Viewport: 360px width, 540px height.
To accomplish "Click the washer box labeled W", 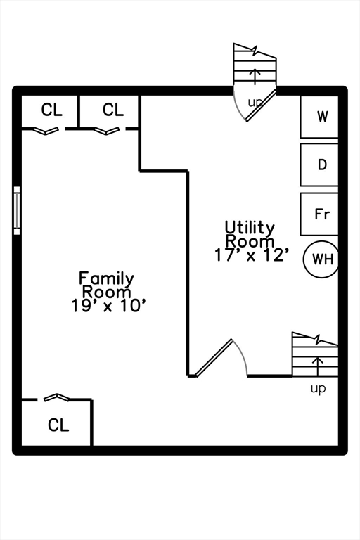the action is (319, 117).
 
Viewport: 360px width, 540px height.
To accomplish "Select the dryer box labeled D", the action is (319, 165).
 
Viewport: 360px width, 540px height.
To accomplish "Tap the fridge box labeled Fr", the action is (319, 214).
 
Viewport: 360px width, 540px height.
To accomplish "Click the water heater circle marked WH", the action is (321, 259).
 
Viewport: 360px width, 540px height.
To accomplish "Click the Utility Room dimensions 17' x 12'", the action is (251, 255).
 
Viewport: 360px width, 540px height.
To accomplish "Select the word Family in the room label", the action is (106, 278).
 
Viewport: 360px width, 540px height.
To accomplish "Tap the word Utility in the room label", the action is (250, 228).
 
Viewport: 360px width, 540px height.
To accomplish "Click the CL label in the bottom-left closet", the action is (58, 425).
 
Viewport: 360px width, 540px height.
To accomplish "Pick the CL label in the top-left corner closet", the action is (51, 110).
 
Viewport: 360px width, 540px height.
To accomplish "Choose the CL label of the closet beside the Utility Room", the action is (113, 110).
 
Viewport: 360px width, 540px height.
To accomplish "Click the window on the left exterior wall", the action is (17, 210).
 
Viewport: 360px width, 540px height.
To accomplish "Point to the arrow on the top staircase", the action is (255, 77).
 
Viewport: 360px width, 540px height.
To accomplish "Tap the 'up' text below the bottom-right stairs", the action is (318, 389).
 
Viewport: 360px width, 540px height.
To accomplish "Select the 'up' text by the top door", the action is (255, 102).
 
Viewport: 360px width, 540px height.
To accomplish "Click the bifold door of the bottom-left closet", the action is (56, 397).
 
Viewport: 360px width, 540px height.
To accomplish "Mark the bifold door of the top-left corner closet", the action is (46, 131).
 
